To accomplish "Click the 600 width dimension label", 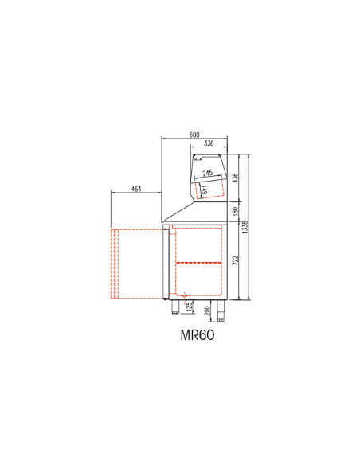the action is point(194,135).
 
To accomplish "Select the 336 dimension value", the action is point(209,143).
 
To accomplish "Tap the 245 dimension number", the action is point(208,173).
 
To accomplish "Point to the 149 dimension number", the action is point(204,190).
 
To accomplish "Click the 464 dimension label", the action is point(136,189).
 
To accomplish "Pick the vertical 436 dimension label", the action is point(236,178).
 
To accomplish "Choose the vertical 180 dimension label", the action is point(236,212).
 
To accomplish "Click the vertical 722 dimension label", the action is point(236,260).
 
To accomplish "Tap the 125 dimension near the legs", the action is point(190,307).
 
